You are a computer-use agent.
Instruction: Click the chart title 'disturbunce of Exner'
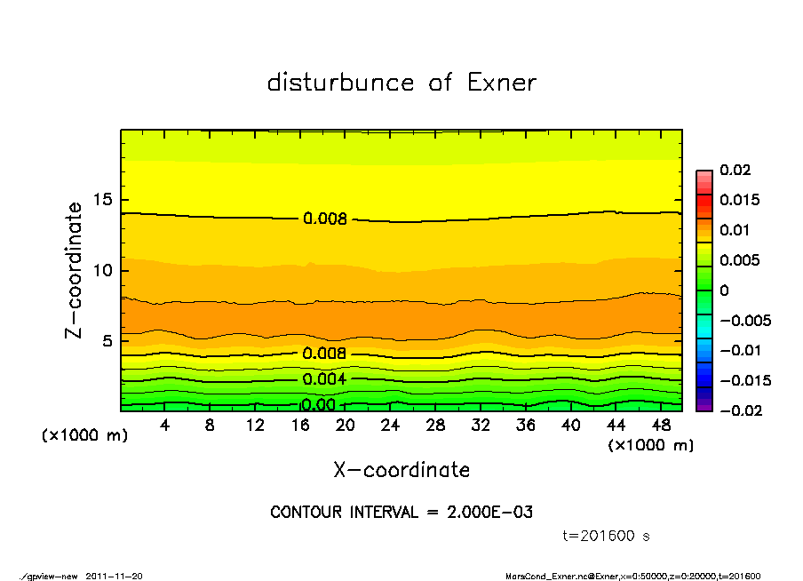[x=401, y=83]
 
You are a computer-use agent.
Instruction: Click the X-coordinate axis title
[x=401, y=469]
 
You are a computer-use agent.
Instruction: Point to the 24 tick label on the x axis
[x=391, y=426]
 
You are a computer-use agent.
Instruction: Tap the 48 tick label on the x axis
[x=661, y=426]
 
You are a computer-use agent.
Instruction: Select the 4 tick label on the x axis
[x=165, y=426]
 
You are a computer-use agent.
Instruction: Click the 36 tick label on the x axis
[x=526, y=426]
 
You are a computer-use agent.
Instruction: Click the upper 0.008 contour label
[x=324, y=219]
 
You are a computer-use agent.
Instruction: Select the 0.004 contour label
[x=324, y=379]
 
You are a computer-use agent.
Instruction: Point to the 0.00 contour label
[x=318, y=405]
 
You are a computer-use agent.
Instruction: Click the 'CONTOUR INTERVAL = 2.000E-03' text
[x=401, y=513]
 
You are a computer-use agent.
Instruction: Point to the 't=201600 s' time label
[x=608, y=536]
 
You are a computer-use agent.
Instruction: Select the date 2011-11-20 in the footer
[x=114, y=576]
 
